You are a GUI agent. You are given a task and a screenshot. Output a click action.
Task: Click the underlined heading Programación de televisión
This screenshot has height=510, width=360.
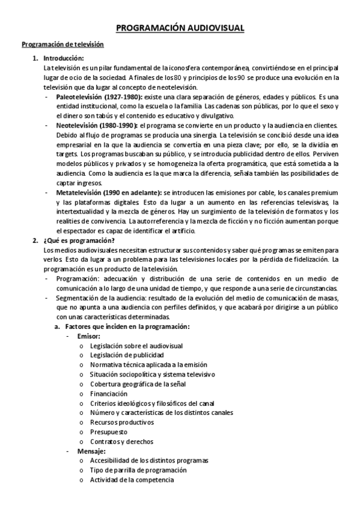click(x=63, y=45)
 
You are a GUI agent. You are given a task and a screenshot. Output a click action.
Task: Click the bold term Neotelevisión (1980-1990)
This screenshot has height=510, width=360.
click(x=97, y=126)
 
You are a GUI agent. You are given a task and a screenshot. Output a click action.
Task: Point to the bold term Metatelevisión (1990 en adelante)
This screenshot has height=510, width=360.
click(x=109, y=192)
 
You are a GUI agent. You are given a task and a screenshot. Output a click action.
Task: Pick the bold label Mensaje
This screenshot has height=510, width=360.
click(x=91, y=451)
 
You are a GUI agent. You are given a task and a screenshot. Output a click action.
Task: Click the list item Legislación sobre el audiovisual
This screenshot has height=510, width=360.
click(x=136, y=346)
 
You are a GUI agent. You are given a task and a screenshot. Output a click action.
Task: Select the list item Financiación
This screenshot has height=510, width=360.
click(x=109, y=393)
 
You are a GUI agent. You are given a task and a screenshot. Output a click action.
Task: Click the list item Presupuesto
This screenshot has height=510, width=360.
click(x=108, y=432)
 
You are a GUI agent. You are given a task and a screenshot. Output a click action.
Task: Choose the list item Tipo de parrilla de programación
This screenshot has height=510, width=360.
click(x=138, y=470)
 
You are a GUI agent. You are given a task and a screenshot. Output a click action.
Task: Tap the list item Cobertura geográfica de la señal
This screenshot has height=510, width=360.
click(x=138, y=384)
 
